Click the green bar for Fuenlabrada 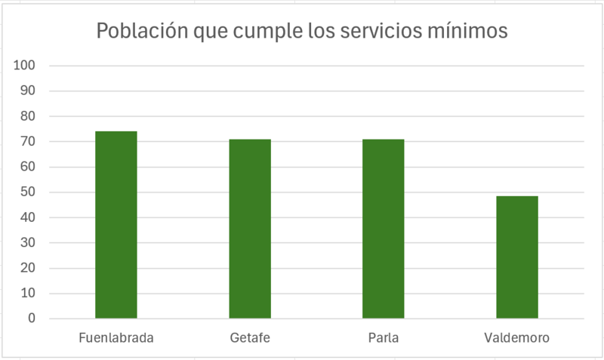point(116,225)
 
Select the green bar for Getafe point(249,229)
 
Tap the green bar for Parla point(383,229)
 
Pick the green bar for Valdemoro point(516,257)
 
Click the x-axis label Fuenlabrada point(116,338)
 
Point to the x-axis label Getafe point(249,338)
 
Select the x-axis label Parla point(384,338)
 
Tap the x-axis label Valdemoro point(516,338)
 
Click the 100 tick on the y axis point(25,66)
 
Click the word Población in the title point(140,32)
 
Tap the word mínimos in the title point(476,32)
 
